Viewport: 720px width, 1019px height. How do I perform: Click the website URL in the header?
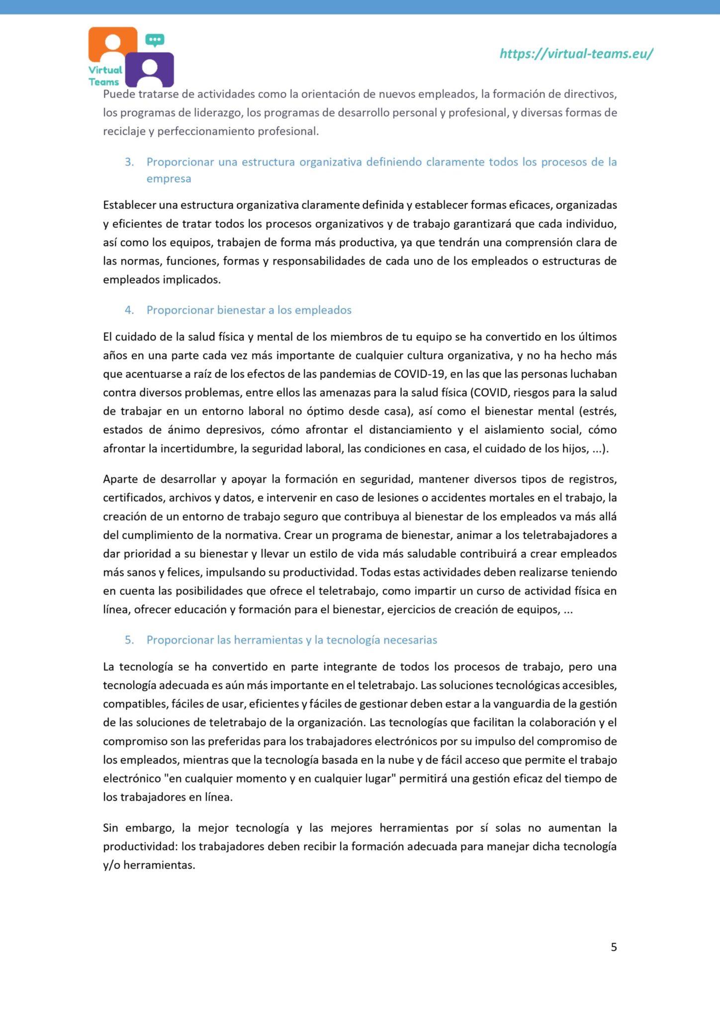pyautogui.click(x=576, y=54)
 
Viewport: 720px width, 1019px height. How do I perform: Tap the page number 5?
pyautogui.click(x=614, y=947)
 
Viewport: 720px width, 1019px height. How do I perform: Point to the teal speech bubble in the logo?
pyautogui.click(x=155, y=40)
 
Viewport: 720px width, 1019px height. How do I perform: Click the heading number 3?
pyautogui.click(x=129, y=162)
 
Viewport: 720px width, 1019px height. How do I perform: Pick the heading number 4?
pyautogui.click(x=129, y=310)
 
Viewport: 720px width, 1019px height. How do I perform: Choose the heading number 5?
pyautogui.click(x=129, y=640)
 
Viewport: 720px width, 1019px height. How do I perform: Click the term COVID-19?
pyautogui.click(x=419, y=374)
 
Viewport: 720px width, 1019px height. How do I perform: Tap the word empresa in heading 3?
pyautogui.click(x=169, y=179)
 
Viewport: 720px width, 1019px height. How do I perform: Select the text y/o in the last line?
pyautogui.click(x=111, y=865)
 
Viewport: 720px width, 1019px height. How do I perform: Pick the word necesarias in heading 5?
pyautogui.click(x=410, y=640)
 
